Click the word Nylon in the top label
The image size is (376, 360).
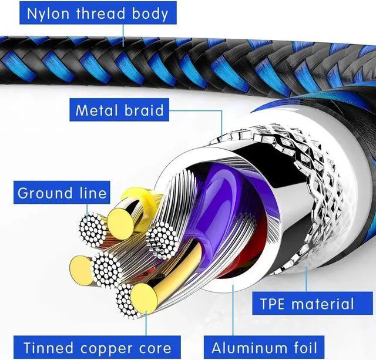pos(48,14)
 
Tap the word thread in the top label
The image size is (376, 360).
pos(100,13)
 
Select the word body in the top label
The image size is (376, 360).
pos(150,14)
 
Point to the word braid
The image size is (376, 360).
pos(144,110)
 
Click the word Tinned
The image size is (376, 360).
pos(48,348)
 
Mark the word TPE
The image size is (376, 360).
pos(272,304)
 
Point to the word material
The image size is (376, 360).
pos(323,304)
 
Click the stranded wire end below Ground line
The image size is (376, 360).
pos(92,230)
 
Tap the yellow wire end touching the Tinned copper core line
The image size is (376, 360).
pos(143,298)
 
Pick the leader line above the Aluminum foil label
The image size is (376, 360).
pos(233,310)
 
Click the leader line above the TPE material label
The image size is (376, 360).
pos(306,279)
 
